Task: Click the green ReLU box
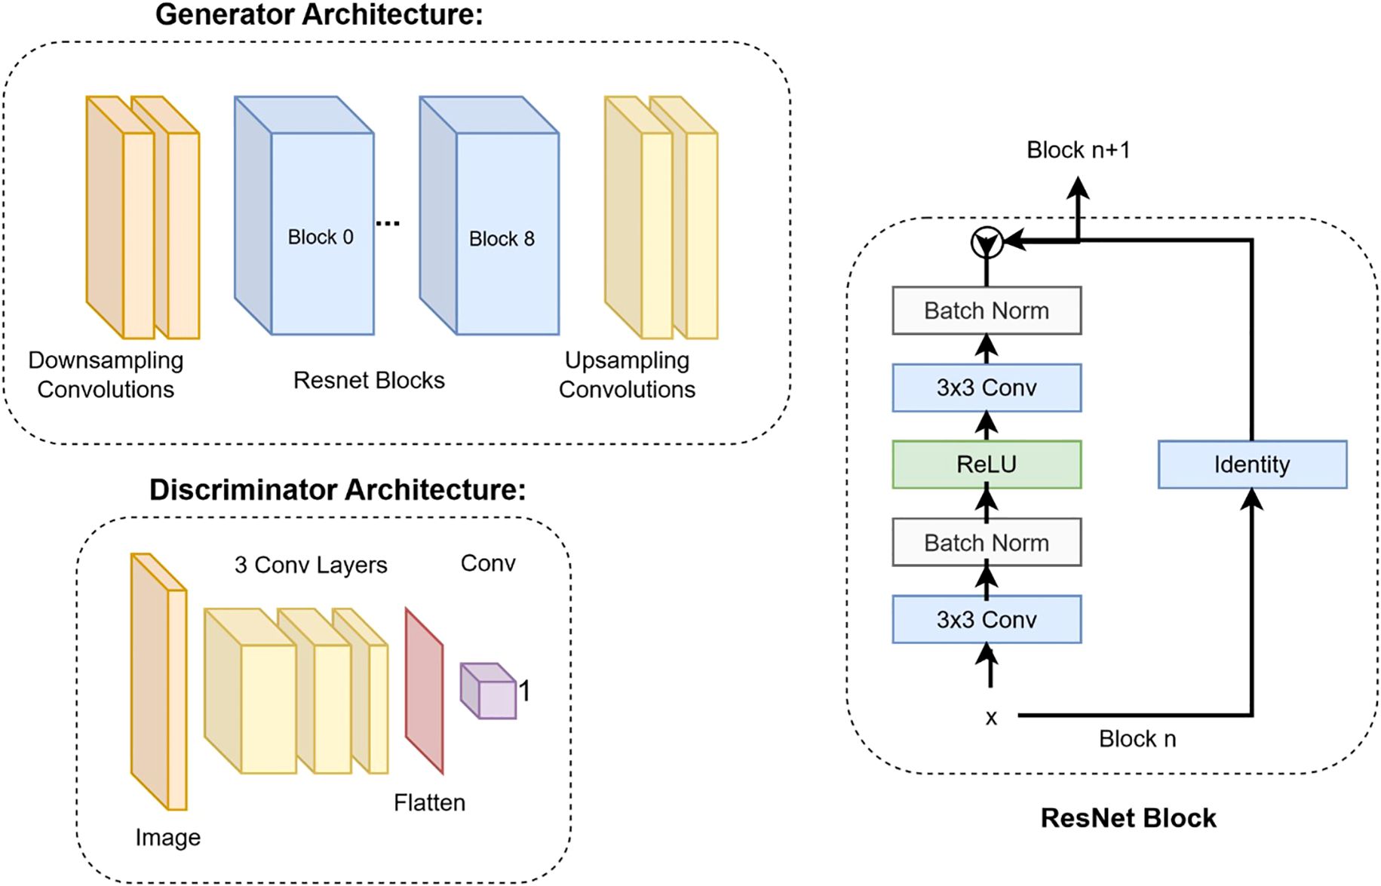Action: pyautogui.click(x=986, y=464)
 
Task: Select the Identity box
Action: pyautogui.click(x=1252, y=464)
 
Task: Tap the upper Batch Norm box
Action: pyautogui.click(x=986, y=311)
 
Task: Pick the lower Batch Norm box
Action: pyautogui.click(x=986, y=542)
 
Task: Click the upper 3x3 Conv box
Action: pyautogui.click(x=986, y=388)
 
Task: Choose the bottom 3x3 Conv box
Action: pyautogui.click(x=986, y=619)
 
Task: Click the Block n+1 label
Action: pyautogui.click(x=1078, y=150)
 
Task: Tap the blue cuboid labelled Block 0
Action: pyautogui.click(x=321, y=234)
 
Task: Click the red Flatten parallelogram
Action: pyautogui.click(x=424, y=690)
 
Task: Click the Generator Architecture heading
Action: pyautogui.click(x=319, y=15)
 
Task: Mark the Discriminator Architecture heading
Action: pyautogui.click(x=337, y=490)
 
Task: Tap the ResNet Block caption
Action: pyautogui.click(x=1128, y=818)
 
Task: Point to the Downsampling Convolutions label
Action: pyautogui.click(x=106, y=375)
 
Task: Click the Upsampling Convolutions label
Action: pyautogui.click(x=627, y=375)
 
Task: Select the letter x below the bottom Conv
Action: pyautogui.click(x=991, y=718)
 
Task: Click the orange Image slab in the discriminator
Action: pyautogui.click(x=158, y=682)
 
